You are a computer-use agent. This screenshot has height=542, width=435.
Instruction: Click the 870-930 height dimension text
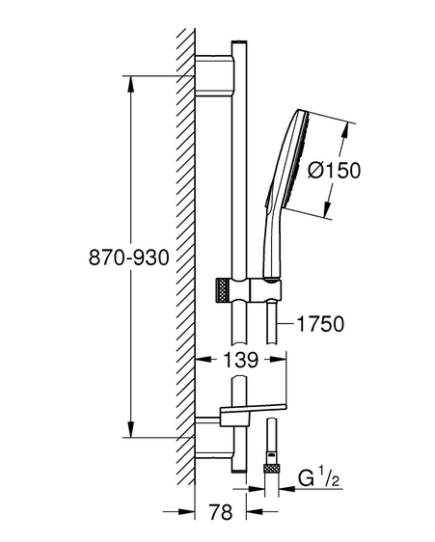click(x=128, y=257)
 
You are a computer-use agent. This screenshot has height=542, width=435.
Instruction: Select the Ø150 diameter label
click(x=334, y=171)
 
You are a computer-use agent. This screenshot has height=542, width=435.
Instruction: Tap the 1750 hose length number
click(x=320, y=324)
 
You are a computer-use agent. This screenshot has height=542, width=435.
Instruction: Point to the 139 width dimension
click(x=241, y=360)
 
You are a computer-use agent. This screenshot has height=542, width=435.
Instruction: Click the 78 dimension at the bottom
click(x=221, y=511)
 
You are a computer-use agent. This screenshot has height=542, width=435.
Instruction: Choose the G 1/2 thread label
click(x=318, y=478)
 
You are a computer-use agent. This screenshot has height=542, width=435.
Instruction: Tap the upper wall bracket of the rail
click(x=215, y=75)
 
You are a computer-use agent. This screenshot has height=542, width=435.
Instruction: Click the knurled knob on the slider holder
click(x=223, y=290)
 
